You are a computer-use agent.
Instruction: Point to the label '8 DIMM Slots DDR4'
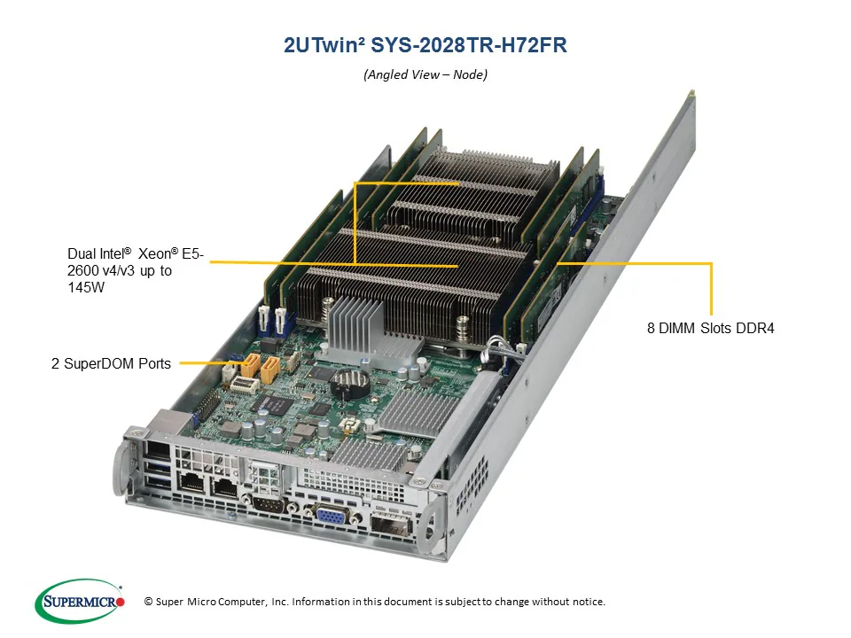tap(710, 328)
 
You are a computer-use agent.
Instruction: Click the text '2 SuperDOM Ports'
tap(111, 363)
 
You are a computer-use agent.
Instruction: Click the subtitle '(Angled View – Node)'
tap(425, 74)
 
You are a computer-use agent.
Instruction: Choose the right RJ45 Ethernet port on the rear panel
tap(225, 486)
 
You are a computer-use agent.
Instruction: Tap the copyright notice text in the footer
tap(374, 602)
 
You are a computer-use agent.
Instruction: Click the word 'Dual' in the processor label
tap(82, 253)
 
